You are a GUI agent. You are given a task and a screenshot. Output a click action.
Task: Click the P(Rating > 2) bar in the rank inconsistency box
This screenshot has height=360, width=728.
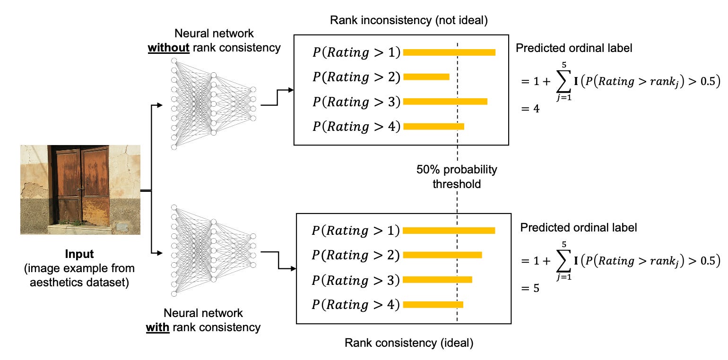pos(426,77)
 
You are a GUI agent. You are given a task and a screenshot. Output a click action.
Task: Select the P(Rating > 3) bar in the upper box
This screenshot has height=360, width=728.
pos(445,101)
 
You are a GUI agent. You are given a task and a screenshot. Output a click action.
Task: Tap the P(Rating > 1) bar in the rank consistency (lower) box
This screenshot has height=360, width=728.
pos(449,230)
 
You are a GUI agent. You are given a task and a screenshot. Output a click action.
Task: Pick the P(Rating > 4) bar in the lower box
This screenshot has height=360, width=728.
pos(433,305)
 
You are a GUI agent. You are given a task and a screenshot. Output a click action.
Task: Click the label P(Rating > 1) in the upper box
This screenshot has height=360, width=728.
pos(356,52)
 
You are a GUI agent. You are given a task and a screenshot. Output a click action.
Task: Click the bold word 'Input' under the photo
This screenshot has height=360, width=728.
pos(79,254)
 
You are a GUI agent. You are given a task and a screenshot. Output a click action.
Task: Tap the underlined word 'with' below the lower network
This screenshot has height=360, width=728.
pos(157,326)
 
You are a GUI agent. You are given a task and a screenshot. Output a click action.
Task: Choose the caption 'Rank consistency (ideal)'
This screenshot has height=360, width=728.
pos(409,343)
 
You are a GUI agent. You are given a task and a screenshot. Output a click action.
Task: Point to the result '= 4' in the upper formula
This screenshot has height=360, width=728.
pos(530,109)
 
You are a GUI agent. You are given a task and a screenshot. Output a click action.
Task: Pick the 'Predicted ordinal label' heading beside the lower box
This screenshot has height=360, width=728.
pos(579,227)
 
